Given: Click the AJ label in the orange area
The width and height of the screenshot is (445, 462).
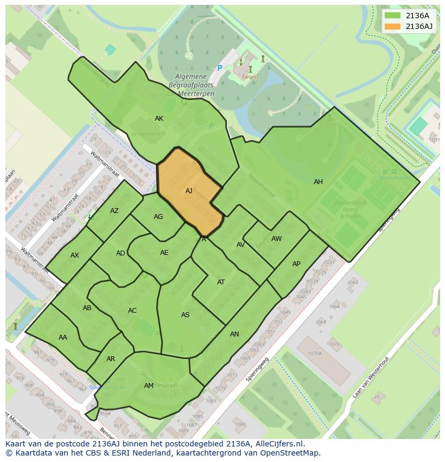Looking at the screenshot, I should [189, 191].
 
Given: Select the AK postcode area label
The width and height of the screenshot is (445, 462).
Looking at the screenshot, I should [159, 119].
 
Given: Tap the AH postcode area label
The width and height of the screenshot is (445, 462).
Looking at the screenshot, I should [318, 182].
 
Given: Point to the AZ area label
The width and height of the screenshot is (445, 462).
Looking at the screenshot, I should [114, 211].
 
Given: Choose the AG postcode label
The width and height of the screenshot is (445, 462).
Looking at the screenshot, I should [158, 217].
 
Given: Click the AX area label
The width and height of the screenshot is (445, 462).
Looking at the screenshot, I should [75, 255].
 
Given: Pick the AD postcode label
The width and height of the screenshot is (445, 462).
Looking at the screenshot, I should [120, 253].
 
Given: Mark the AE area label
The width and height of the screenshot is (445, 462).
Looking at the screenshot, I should [164, 253].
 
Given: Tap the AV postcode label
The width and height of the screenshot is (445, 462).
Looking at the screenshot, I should [241, 245].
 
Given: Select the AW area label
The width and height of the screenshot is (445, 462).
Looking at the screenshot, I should [276, 239].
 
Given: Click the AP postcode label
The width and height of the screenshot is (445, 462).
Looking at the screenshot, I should [296, 264].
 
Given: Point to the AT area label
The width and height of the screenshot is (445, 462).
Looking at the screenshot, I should [221, 282].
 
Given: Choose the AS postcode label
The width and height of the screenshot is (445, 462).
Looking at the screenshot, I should [185, 315].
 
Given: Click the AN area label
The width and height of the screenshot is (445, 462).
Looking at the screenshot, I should [234, 334].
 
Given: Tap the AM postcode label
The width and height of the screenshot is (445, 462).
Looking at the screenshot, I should [149, 386].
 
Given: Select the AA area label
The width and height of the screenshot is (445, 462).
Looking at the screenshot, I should [63, 338].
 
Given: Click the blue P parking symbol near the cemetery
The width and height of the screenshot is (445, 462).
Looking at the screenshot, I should [219, 68].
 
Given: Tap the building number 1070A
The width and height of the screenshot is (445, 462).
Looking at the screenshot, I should [314, 354].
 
